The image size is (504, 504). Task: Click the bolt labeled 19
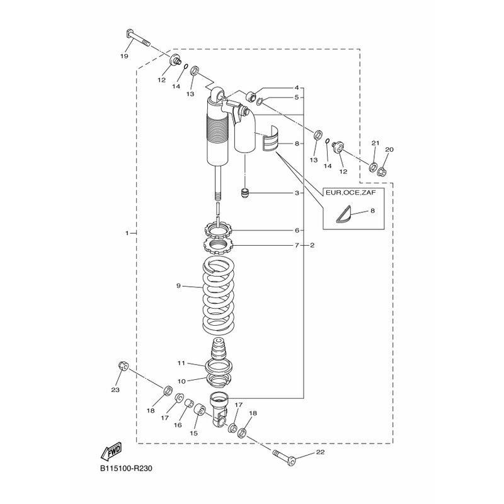pos(137,38)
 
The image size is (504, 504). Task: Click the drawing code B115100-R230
pos(126,469)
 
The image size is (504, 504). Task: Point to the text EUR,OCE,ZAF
pos(351,193)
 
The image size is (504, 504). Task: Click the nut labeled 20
pos(382,170)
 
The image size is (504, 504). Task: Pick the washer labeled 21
pos(373,167)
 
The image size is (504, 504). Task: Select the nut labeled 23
pos(123,366)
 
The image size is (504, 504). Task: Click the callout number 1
pos(127,232)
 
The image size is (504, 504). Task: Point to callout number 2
pos(312,245)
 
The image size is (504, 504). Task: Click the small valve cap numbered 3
pos(245,193)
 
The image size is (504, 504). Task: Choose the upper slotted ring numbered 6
pos(217,230)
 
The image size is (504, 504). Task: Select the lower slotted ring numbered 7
pos(217,246)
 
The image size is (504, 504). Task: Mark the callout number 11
pos(181,364)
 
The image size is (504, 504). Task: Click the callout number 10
pos(181,381)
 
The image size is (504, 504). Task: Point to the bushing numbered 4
pos(251,96)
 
